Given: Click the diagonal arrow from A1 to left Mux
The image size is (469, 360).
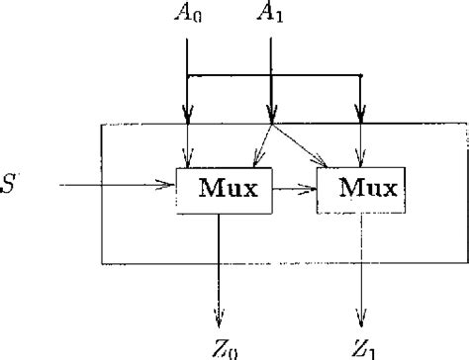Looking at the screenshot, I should tap(259, 141).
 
